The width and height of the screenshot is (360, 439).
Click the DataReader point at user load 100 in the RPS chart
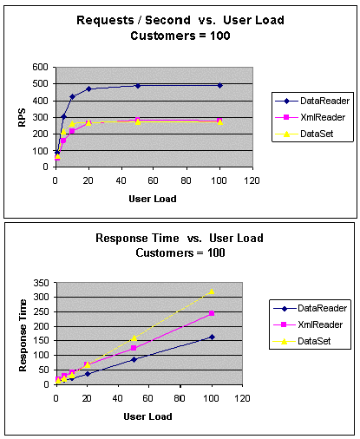[x=220, y=85]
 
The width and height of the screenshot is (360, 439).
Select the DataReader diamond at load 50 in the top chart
[x=138, y=86]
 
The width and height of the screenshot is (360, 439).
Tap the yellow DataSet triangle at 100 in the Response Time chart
[x=212, y=292]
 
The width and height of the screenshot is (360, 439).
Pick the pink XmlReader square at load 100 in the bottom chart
[x=212, y=313]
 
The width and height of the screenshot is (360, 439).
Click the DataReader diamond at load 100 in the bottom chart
[x=212, y=337]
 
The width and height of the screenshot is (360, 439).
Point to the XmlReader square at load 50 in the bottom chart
[x=134, y=348]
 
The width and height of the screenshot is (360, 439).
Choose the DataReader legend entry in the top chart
[x=312, y=101]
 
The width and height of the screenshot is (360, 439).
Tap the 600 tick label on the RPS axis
[x=40, y=67]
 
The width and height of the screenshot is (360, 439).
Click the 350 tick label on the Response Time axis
[x=41, y=283]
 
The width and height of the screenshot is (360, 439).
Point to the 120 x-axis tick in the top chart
[x=252, y=180]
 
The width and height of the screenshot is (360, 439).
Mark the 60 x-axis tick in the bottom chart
[x=147, y=398]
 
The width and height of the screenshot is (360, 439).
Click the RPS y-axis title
[x=22, y=117]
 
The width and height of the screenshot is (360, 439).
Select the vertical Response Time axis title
[x=23, y=335]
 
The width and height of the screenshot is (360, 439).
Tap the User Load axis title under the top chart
[x=153, y=199]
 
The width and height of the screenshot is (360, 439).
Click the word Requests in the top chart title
[x=105, y=20]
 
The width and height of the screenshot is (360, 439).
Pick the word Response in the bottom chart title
[x=121, y=239]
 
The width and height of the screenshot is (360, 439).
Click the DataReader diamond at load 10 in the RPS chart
[x=72, y=96]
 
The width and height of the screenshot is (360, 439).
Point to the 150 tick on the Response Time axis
[x=41, y=341]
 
